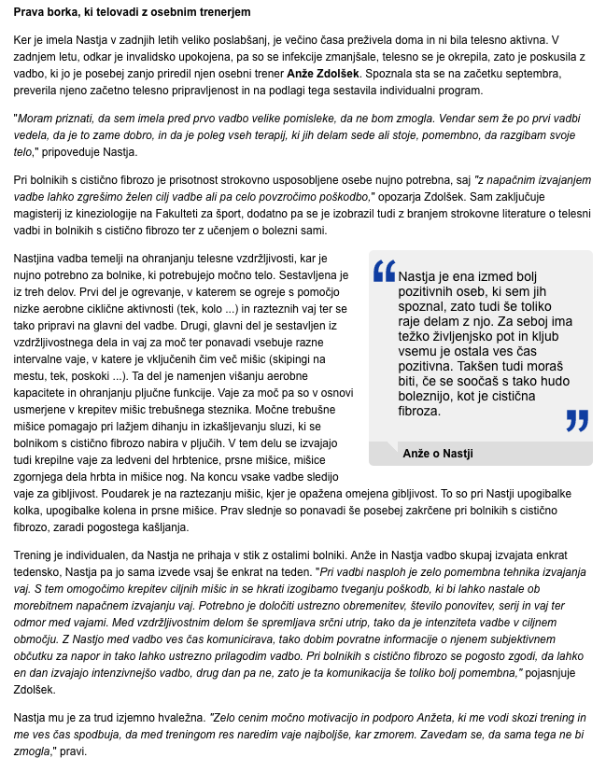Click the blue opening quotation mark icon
coord(384,272)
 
